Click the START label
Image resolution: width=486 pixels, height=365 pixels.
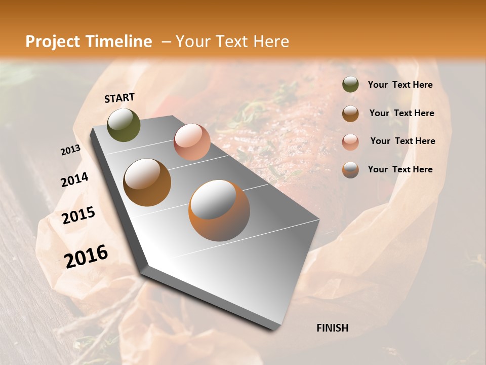(119, 97)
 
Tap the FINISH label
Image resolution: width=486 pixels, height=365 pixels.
(332, 328)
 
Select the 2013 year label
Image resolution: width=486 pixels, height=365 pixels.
(70, 150)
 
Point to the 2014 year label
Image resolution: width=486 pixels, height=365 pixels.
(74, 179)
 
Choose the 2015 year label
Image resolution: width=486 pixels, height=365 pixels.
(78, 215)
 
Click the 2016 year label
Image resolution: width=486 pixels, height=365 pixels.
(86, 257)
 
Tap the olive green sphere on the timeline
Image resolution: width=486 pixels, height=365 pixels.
(124, 125)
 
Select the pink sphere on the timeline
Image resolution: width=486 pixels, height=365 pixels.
(192, 142)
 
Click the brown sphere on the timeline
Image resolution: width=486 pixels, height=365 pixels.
(147, 182)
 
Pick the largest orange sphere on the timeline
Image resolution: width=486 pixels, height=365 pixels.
(219, 210)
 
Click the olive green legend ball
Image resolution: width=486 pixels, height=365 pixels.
(350, 85)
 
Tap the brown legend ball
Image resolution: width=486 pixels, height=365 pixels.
(350, 114)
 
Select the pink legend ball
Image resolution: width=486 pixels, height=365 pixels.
(350, 141)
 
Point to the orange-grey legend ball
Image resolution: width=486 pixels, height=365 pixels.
(350, 170)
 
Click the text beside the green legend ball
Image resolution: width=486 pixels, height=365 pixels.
(400, 85)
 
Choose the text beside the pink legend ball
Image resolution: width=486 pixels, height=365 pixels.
(402, 141)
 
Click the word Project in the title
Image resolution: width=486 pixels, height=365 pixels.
(53, 42)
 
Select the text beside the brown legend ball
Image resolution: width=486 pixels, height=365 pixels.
(401, 113)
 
